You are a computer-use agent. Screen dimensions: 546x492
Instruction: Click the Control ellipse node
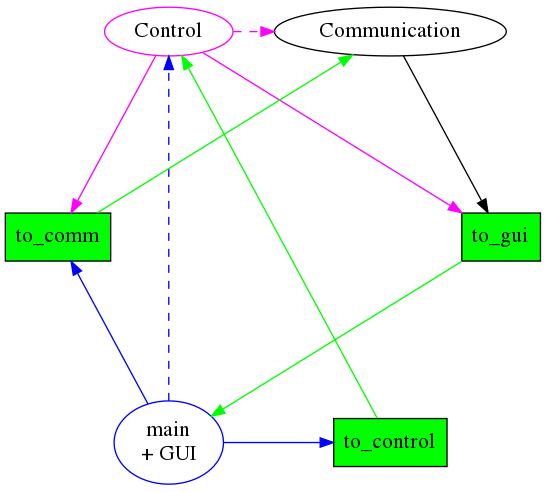[x=169, y=31]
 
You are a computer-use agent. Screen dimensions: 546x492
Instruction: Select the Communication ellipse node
[x=390, y=31]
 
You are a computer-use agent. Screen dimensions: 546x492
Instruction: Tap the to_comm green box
[x=58, y=237]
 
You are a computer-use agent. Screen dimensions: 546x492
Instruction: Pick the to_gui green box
[x=501, y=237]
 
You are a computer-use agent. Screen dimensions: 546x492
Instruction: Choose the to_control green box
[x=390, y=442]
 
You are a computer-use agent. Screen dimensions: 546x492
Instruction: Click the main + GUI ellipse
[x=169, y=442]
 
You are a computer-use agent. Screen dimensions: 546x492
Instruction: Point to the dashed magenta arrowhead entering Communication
[x=267, y=31]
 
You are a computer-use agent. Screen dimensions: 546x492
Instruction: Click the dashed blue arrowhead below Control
[x=169, y=63]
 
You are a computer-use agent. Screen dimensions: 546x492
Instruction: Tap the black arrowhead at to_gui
[x=483, y=206]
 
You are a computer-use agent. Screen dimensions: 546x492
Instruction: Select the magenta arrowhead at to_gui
[x=455, y=207]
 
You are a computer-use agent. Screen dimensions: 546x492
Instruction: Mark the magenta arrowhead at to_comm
[x=75, y=206]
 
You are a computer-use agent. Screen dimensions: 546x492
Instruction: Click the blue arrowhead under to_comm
[x=75, y=268]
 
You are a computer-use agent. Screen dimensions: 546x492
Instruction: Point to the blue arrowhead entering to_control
[x=326, y=442]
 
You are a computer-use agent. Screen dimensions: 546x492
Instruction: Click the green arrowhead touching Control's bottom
[x=186, y=63]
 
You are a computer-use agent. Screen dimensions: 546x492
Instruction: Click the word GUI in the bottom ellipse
[x=178, y=454]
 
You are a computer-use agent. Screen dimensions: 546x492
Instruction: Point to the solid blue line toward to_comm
[x=111, y=336]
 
